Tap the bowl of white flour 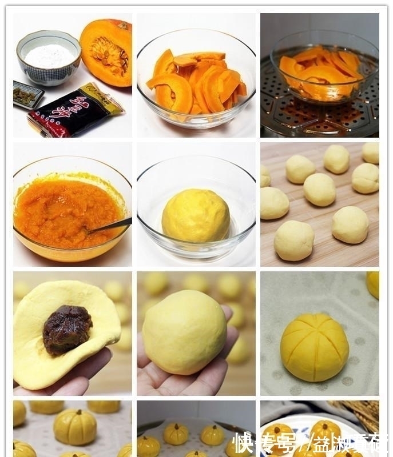coord(49,57)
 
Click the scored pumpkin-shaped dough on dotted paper coord(314,347)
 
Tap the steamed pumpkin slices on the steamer coord(320,71)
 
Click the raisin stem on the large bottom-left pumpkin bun coord(74,412)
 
